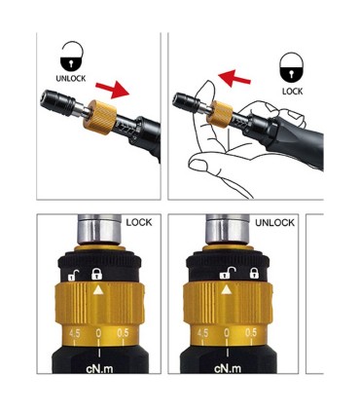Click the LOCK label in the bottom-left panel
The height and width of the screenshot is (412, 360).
(139, 223)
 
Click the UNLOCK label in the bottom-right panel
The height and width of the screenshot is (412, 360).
(274, 223)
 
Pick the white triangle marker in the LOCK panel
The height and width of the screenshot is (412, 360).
(98, 289)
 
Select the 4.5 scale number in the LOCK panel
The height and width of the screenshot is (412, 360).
(74, 333)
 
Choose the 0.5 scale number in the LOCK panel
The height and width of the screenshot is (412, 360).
(123, 333)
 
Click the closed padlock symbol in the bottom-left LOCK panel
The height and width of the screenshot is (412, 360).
(98, 274)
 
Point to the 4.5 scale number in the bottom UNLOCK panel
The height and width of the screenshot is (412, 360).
(202, 333)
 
